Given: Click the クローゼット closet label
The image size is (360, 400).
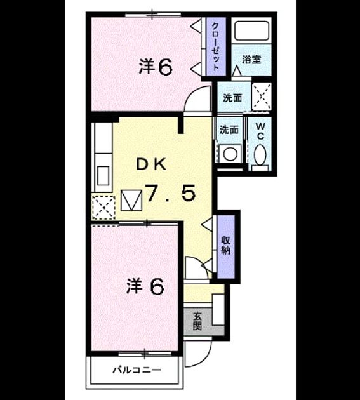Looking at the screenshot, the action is click(216, 46).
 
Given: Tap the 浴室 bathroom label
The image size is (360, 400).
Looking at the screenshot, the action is click(251, 60).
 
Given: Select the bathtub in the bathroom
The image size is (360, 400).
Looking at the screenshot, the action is click(252, 30).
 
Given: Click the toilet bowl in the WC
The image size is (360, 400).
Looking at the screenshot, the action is click(260, 155).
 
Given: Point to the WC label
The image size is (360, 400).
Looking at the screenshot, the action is click(260, 131).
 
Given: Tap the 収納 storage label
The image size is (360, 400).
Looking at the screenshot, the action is click(226, 245).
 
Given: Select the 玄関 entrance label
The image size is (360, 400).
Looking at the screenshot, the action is click(197, 321).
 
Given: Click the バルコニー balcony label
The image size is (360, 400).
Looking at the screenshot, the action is click(137, 370).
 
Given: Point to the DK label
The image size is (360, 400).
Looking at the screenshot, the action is click(152, 164).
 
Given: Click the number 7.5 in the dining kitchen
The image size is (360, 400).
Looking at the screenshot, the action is click(170, 192).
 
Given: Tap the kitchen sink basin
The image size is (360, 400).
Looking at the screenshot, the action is click(103, 175).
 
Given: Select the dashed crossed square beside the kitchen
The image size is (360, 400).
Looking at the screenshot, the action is click(103, 207).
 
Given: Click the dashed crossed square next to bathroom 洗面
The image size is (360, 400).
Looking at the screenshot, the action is click(262, 97).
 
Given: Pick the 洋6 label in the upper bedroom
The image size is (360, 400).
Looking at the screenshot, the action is click(156, 67).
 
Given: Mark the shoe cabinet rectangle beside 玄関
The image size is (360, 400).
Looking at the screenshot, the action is click(218, 309).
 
